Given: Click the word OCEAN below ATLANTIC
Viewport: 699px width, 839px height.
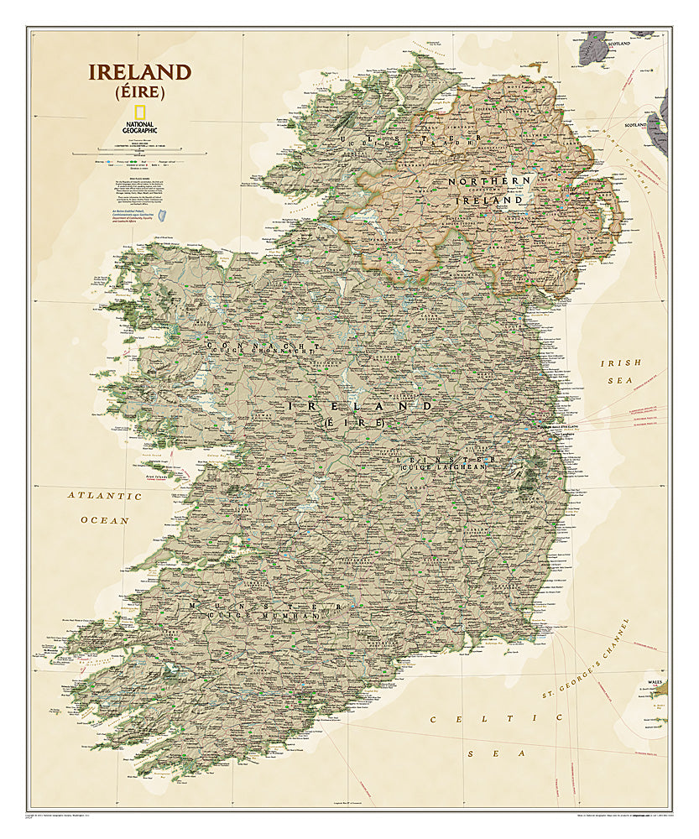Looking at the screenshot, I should [x=105, y=520].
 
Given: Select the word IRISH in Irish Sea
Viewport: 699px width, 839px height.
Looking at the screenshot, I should [x=621, y=362].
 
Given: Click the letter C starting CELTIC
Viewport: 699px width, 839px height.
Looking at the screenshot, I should [x=435, y=719].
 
